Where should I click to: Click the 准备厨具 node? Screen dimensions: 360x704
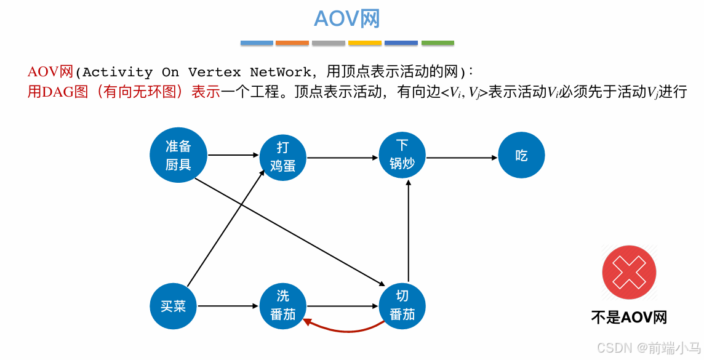(x=178, y=155)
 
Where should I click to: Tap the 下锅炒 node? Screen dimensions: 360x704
(x=402, y=154)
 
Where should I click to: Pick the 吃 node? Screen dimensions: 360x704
(x=521, y=155)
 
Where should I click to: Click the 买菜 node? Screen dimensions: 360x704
(x=173, y=306)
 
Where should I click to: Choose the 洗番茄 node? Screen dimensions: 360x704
(x=282, y=305)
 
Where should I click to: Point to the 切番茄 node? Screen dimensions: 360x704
(x=402, y=306)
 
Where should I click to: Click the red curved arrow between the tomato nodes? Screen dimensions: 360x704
(x=345, y=328)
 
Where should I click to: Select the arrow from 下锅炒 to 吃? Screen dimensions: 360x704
(x=462, y=158)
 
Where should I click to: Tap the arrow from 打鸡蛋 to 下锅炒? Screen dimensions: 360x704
(x=342, y=158)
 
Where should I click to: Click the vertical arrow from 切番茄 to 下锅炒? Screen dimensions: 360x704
(x=408, y=231)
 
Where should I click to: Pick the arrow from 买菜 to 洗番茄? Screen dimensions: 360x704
(x=228, y=306)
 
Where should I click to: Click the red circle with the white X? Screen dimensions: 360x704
(x=629, y=272)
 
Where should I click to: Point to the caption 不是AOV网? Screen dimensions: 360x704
(x=629, y=317)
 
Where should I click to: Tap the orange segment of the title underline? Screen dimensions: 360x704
(x=292, y=43)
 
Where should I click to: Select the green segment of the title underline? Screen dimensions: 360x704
(x=438, y=43)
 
